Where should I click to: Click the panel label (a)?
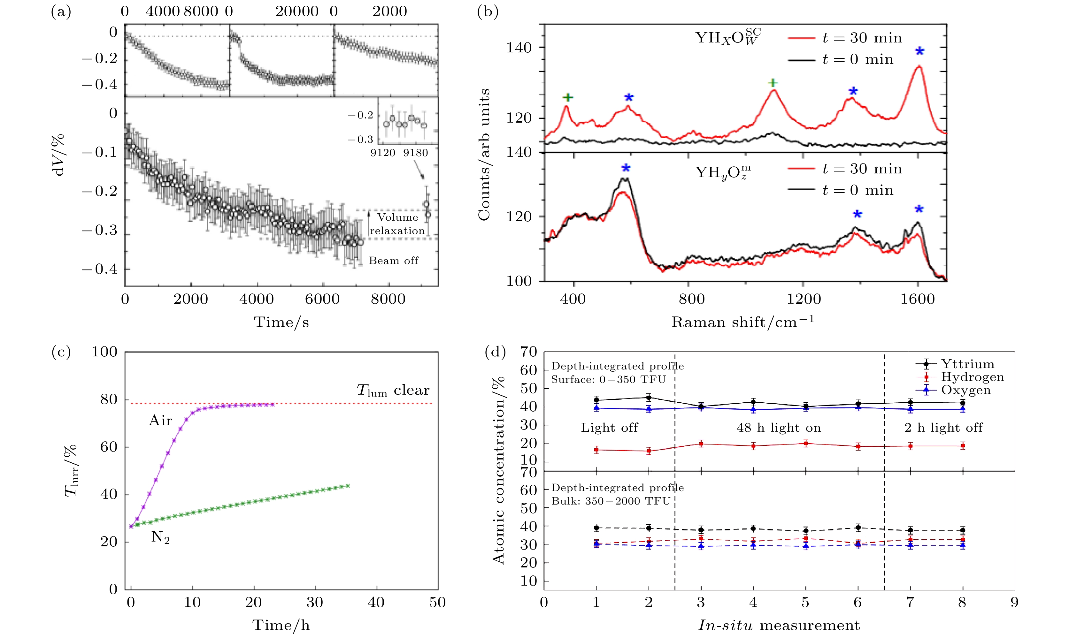[61, 11]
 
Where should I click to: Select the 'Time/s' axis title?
[281, 322]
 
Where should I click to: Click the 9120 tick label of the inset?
[382, 153]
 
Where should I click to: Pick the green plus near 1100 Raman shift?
[773, 83]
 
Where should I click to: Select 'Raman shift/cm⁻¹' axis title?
[742, 322]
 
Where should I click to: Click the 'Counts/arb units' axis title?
[484, 155]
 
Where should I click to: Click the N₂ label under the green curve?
[160, 537]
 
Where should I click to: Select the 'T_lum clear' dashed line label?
[393, 390]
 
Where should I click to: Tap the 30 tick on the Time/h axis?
[315, 602]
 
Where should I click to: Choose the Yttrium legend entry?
[967, 364]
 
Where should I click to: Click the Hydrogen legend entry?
[972, 377]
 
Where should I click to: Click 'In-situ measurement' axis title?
[779, 625]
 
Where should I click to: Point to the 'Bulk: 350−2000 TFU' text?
[611, 501]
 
